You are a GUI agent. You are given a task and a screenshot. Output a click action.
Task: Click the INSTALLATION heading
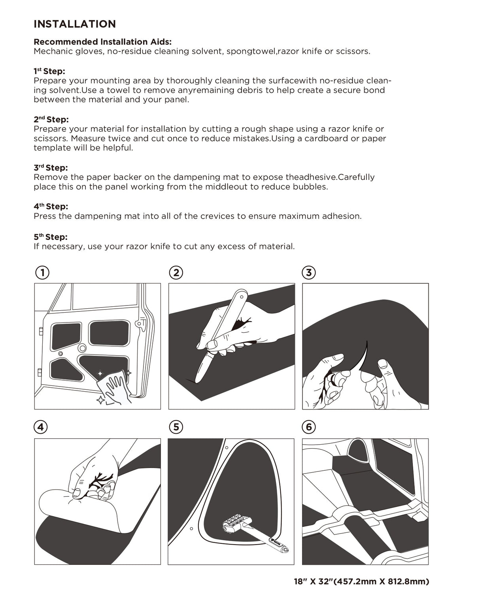point(75,24)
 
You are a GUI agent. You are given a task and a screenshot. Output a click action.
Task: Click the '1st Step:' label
point(49,71)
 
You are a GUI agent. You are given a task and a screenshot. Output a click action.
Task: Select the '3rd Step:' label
point(51,168)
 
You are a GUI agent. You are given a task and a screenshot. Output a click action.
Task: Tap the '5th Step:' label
point(51,237)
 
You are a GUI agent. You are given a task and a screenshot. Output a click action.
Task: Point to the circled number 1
point(42,273)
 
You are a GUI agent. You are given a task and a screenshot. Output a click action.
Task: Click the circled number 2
point(176,273)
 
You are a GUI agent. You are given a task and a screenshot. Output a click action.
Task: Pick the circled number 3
point(309,273)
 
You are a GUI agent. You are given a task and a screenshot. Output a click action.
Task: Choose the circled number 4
point(41,427)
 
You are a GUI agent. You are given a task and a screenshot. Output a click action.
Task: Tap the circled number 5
point(176,427)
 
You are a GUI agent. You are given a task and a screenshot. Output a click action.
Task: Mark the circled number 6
point(309,427)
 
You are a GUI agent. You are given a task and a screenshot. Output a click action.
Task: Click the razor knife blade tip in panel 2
point(196,380)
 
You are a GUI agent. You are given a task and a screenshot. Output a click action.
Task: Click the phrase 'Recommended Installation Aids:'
point(102,42)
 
